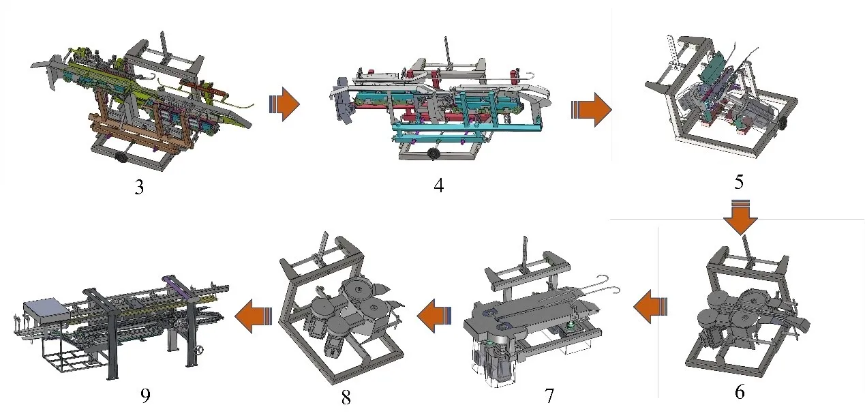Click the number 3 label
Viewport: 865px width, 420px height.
(140, 187)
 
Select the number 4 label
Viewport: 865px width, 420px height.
(439, 185)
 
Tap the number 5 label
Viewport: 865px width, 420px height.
(739, 181)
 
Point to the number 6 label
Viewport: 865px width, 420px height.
(740, 392)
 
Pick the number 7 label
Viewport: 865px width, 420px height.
(549, 395)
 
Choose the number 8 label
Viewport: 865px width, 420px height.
(346, 397)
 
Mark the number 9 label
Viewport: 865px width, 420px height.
(145, 395)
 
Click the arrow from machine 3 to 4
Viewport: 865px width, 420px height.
(284, 104)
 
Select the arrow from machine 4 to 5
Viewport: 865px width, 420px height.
(591, 110)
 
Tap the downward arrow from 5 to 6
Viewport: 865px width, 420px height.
(740, 217)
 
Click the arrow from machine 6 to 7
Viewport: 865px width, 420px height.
(650, 306)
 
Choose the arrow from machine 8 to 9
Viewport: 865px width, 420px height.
(254, 316)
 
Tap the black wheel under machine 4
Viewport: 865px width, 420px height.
(434, 153)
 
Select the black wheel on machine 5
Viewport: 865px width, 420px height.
(783, 123)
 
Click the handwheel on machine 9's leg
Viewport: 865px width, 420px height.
(199, 350)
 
